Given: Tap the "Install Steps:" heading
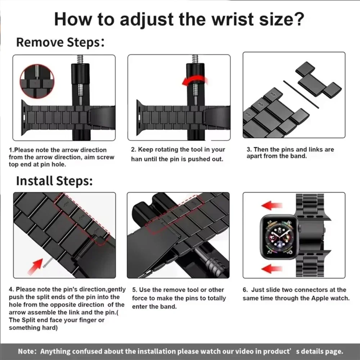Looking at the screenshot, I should [54, 181].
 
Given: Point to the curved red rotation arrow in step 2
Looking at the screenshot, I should [194, 81].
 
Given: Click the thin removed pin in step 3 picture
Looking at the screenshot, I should [301, 94].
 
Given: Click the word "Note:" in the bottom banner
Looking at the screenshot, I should [28, 351].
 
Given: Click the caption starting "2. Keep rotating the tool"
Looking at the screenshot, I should [178, 154].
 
